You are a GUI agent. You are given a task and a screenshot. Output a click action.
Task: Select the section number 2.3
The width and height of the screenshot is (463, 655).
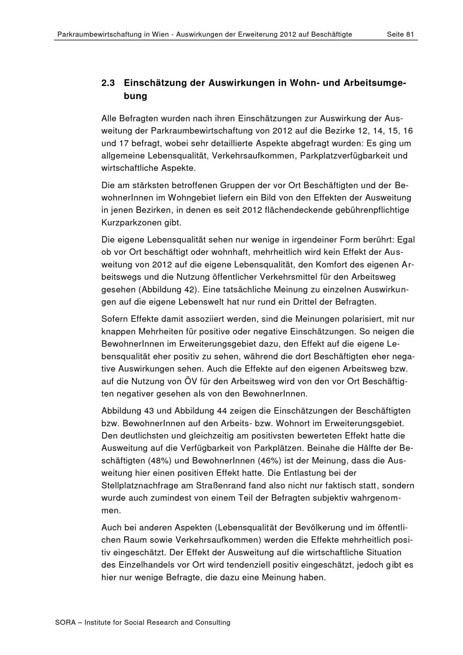point(108,83)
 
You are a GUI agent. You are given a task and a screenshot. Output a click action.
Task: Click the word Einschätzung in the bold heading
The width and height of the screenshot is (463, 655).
point(156,83)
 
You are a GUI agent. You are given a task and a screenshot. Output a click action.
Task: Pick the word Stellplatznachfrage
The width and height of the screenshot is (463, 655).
point(140,486)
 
